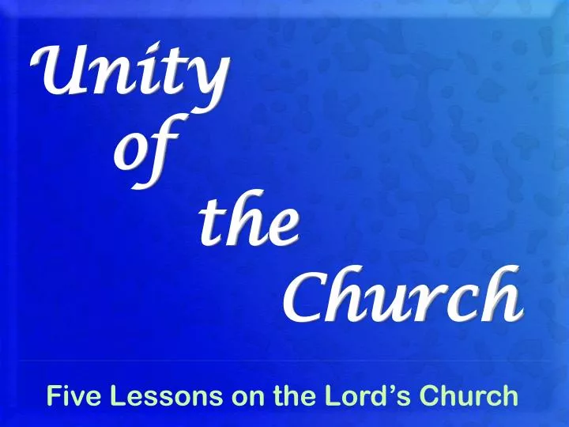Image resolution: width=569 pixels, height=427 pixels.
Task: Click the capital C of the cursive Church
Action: [300, 297]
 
